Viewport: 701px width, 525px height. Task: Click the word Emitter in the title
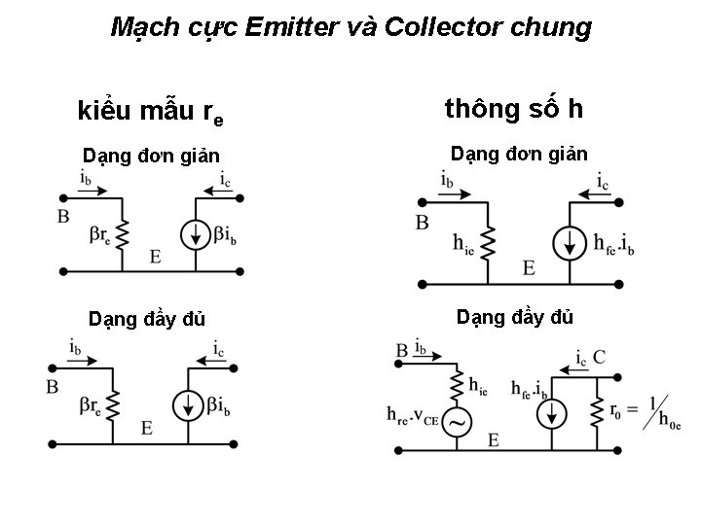(x=288, y=27)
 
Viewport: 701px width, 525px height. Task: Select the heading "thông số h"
(x=514, y=108)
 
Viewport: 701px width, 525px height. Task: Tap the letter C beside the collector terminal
(x=599, y=357)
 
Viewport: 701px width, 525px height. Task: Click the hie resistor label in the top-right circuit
(x=463, y=245)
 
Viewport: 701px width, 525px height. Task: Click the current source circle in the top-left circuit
(x=197, y=235)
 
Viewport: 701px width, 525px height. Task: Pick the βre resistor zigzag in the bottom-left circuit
(x=121, y=401)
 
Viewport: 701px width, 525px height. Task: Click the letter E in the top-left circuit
(x=156, y=257)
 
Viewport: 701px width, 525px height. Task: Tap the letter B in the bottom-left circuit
(x=52, y=386)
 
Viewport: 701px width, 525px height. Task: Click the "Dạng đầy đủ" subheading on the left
(x=147, y=319)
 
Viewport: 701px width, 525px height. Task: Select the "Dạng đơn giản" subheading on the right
(x=518, y=155)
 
